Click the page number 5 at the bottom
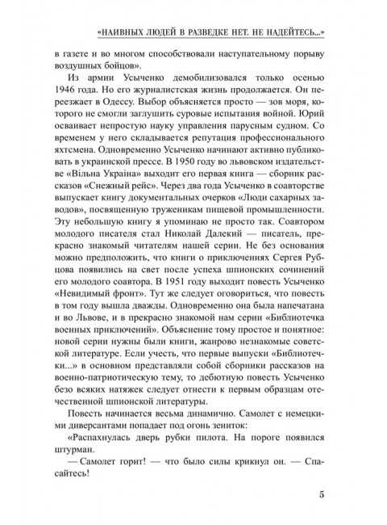(322, 495)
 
